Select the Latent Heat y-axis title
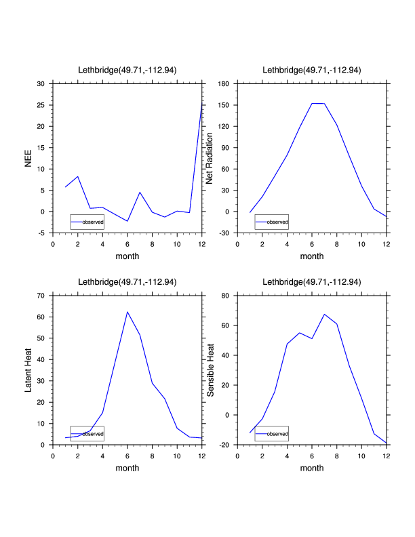click(x=28, y=370)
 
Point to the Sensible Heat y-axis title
click(x=210, y=370)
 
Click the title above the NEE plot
click(x=127, y=70)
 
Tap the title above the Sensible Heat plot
click(x=311, y=281)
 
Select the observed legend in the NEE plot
click(x=87, y=222)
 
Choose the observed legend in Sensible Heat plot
click(x=271, y=433)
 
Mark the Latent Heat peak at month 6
click(x=127, y=312)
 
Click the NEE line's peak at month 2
click(x=78, y=176)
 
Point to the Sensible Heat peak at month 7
click(x=324, y=314)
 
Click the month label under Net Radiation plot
click(x=312, y=256)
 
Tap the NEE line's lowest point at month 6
click(x=127, y=221)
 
